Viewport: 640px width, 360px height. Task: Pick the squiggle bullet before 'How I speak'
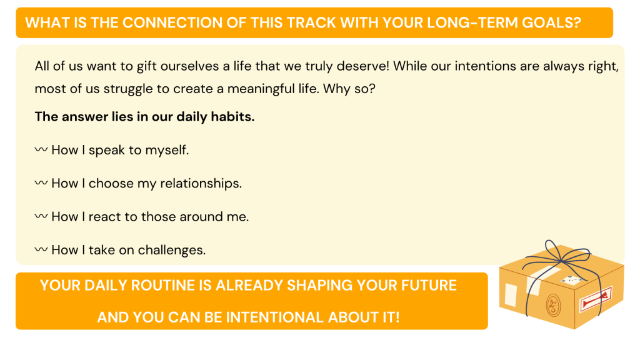[41, 149]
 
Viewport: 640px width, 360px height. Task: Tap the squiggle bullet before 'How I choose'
[41, 183]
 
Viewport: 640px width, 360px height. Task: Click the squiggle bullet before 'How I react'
[41, 216]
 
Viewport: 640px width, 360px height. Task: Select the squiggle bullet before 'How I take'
[41, 249]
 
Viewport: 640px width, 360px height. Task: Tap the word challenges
[172, 250]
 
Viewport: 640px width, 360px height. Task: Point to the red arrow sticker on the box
[596, 300]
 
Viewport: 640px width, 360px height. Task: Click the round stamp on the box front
[553, 304]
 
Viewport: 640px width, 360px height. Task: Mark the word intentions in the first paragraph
[484, 66]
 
